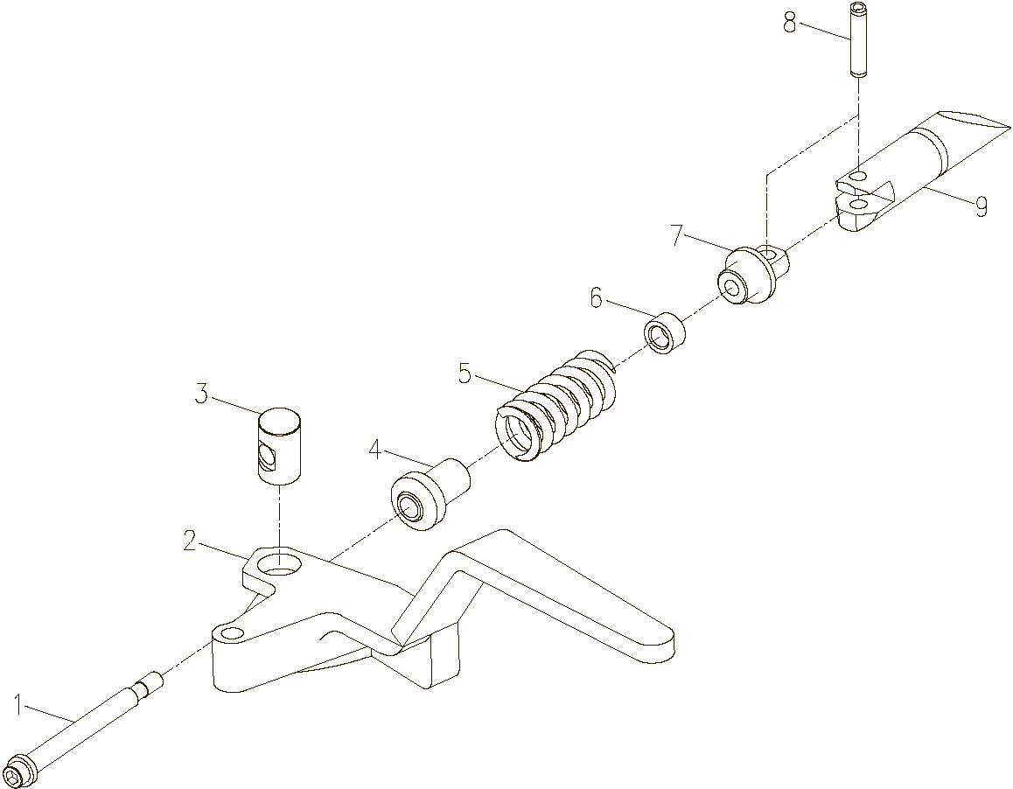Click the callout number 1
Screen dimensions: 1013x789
coord(19,702)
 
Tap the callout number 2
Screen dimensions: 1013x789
coord(189,541)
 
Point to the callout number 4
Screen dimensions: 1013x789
coord(375,450)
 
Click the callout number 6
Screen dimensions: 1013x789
coord(597,298)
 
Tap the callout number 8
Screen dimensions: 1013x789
coord(790,24)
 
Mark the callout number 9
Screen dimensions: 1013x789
coord(981,207)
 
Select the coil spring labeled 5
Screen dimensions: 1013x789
coord(555,405)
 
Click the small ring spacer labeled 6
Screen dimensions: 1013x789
coord(664,332)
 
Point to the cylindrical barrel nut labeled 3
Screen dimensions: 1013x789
coord(279,446)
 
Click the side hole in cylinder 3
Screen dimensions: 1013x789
coord(267,457)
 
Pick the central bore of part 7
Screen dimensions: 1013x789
coord(733,288)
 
